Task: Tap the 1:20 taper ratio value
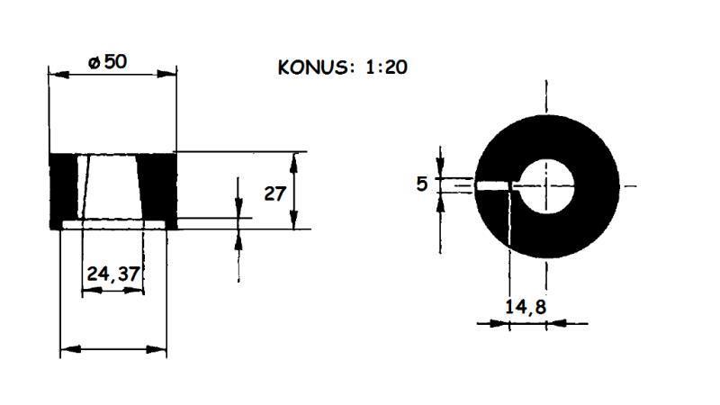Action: [385, 68]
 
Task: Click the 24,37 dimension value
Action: [113, 273]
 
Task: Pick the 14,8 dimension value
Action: [525, 306]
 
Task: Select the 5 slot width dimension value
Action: [422, 184]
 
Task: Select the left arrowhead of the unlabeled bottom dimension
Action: [66, 349]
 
